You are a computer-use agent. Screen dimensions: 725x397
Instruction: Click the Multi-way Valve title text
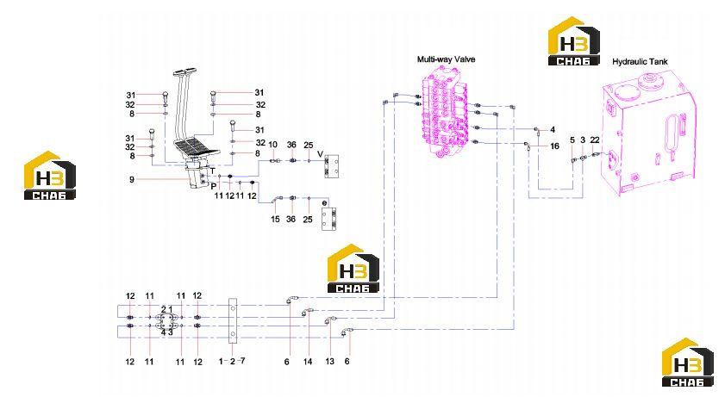point(446,59)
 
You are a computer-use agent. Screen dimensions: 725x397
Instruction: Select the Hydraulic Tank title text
point(640,61)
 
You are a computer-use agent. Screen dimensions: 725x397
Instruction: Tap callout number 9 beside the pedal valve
point(132,179)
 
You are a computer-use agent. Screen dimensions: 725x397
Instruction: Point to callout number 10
point(272,145)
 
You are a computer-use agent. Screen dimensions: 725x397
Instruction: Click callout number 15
point(275,219)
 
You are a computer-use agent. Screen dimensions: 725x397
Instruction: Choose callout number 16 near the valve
point(554,146)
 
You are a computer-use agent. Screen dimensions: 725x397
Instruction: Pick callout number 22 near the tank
point(595,140)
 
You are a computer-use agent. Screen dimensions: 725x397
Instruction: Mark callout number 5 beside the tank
point(572,140)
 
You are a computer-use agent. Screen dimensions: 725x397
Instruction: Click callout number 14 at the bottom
point(308,362)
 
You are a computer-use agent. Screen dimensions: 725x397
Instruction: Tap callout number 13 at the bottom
point(329,361)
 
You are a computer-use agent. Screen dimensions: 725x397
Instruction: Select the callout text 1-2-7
point(232,361)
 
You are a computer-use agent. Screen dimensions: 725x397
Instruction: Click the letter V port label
point(320,154)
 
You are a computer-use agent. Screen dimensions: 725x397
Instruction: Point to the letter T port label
point(213,171)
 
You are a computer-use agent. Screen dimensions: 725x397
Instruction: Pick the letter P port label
point(214,187)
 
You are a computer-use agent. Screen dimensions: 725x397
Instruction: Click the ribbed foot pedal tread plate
point(197,149)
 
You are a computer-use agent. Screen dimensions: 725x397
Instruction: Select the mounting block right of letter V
point(332,166)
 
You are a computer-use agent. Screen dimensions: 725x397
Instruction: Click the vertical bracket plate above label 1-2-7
point(233,321)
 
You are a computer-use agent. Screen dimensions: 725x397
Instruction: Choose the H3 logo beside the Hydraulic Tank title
point(574,41)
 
